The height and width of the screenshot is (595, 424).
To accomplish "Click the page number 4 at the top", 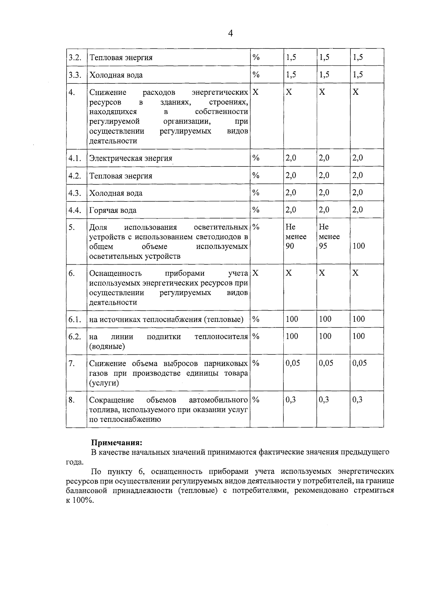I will (231, 34).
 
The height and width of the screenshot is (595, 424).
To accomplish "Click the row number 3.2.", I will (75, 58).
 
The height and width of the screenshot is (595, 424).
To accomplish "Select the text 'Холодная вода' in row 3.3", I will (116, 75).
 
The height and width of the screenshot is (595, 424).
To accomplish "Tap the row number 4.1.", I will (75, 158).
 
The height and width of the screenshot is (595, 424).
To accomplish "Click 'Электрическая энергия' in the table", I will (130, 158).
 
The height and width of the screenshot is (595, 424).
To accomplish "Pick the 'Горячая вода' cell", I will (113, 210).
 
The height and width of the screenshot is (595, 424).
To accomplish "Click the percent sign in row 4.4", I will (256, 210).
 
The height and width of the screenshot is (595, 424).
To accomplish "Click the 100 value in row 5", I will (359, 246).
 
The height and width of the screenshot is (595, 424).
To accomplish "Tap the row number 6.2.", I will (75, 336).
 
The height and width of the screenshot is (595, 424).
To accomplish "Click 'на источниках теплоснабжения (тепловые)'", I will (166, 319).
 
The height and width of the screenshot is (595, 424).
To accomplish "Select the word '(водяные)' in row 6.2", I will (107, 346).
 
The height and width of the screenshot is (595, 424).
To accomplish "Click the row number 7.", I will (72, 364).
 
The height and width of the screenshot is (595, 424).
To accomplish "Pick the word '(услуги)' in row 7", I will (104, 383).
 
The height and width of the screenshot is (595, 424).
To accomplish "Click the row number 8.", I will (72, 400).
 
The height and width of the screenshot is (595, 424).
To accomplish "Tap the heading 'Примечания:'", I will (117, 442).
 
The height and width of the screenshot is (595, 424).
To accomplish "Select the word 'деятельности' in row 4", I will (113, 141).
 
